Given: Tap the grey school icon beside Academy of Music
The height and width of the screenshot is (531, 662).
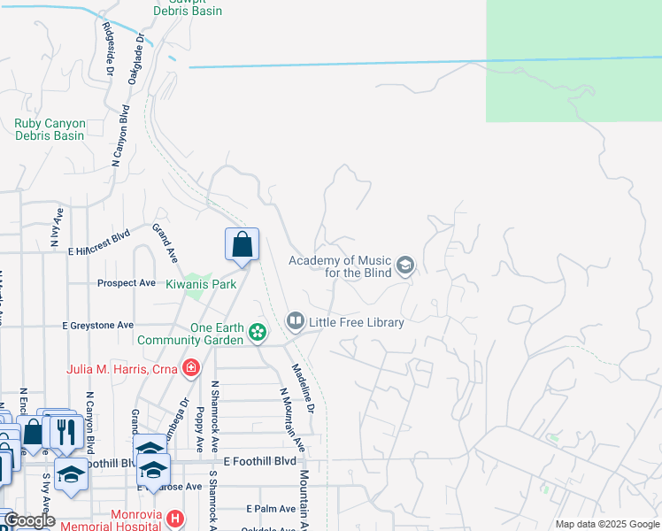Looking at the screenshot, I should (405, 265).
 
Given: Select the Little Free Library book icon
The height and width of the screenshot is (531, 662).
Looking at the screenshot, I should (296, 319).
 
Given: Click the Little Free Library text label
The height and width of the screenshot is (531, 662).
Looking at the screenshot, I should (357, 322).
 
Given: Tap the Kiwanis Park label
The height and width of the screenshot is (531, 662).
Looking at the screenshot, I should (201, 285).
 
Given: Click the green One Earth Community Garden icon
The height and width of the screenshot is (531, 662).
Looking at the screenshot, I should (258, 333).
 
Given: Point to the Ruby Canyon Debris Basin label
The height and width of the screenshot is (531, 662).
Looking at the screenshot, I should (50, 130).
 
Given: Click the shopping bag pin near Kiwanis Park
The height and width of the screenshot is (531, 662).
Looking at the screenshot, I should (242, 245).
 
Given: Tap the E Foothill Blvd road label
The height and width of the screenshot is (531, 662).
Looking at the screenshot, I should (259, 461).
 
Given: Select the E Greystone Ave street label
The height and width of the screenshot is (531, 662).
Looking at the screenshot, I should (98, 326).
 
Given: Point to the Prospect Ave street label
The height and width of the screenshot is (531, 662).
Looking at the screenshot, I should (126, 283).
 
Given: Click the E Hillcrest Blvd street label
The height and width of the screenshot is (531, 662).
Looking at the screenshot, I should (99, 250).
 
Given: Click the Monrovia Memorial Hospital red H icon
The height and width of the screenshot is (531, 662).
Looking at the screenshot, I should (175, 518).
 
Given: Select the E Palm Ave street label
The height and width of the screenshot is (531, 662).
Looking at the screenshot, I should (271, 509).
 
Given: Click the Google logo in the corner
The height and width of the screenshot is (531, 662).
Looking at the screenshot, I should (28, 521).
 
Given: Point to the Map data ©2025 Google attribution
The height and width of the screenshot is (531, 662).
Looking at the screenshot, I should (606, 524).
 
